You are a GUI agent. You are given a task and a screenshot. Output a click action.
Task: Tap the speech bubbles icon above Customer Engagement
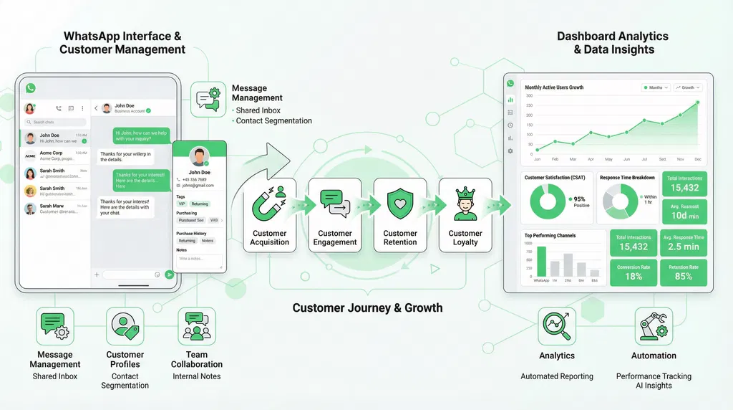coord(334,203)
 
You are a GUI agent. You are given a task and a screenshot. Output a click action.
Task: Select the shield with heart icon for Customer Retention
coord(399,204)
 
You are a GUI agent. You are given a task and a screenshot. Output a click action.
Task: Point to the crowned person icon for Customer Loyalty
coord(465,203)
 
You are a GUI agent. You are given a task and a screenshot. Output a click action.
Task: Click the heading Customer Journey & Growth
coord(367,308)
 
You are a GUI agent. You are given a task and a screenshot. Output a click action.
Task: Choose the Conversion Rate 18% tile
coord(634,272)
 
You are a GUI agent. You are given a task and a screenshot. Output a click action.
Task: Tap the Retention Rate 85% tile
coord(683,272)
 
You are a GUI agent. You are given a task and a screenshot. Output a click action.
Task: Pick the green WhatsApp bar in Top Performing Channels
coord(541,262)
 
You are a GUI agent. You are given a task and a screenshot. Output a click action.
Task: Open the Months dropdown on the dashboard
coord(655,87)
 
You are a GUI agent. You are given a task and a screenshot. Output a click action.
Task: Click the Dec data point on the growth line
coord(698,102)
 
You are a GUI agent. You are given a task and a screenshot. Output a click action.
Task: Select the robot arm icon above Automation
coord(653,326)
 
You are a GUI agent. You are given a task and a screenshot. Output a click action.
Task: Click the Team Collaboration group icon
coord(196,326)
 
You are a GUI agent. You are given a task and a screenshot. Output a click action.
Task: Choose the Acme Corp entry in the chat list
coord(53,156)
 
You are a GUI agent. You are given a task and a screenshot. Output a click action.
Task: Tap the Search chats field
coord(57,123)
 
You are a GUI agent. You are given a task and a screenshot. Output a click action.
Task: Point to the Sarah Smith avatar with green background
coord(31,173)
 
